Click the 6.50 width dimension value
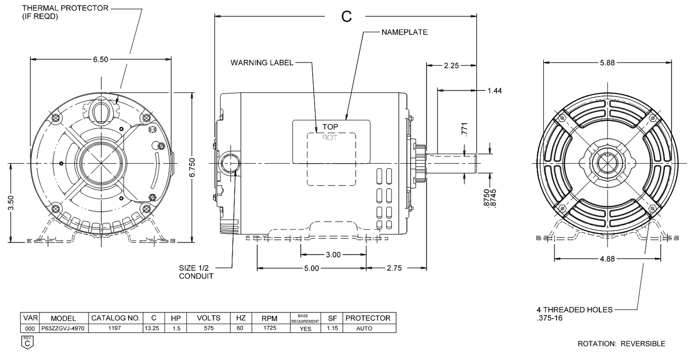coord(101,59)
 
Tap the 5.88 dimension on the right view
coord(607,63)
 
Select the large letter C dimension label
coord(346,16)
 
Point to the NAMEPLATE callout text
coord(404,32)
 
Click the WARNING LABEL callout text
coord(262,63)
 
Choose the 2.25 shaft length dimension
coord(452,66)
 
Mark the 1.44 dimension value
coord(494,91)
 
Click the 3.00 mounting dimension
coord(333,255)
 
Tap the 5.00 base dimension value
coord(312,268)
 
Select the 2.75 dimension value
coord(394,268)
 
